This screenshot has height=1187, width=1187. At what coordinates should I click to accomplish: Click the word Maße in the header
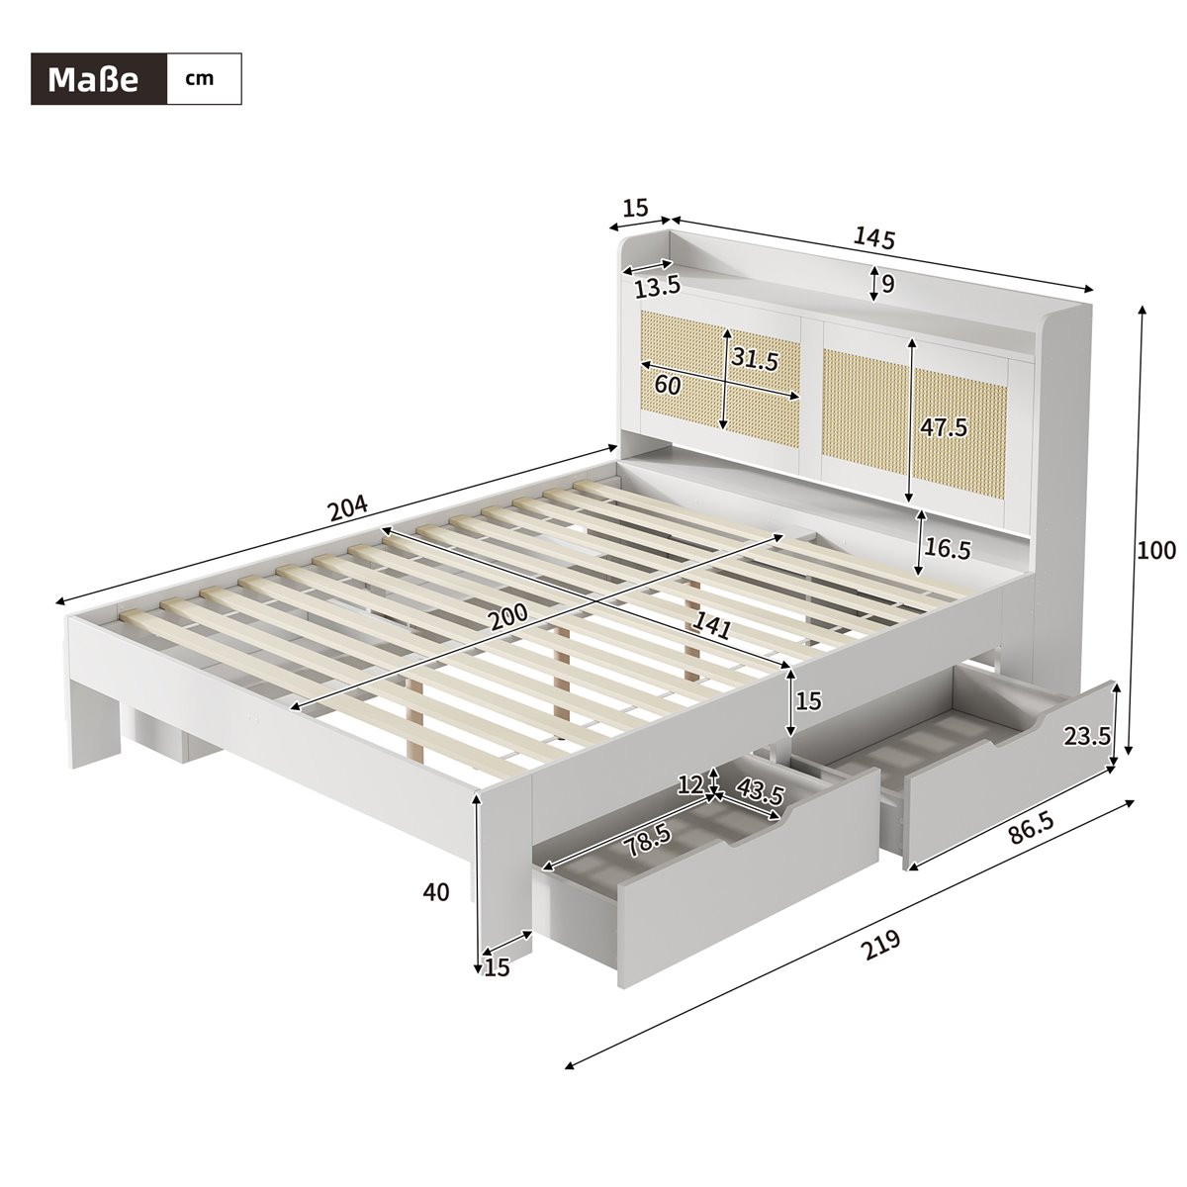tap(93, 80)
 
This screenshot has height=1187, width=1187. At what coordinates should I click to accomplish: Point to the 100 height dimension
tap(1156, 549)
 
